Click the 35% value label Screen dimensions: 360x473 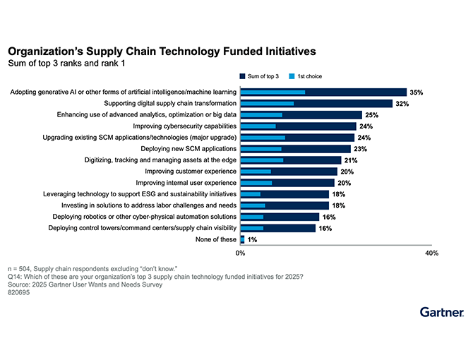pos(416,92)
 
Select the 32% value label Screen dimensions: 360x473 pos(402,104)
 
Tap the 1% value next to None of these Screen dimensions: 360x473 pos(252,240)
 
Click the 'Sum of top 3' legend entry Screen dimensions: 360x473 pos(262,76)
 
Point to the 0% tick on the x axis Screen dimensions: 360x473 pos(241,253)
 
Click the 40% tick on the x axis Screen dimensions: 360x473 pos(431,253)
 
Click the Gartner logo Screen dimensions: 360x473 pos(441,311)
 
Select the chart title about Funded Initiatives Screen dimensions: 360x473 pos(162,52)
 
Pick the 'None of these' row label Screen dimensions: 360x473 pos(215,240)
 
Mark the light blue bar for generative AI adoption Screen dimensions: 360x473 pos(273,92)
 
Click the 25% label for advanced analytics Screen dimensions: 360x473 pos(372,115)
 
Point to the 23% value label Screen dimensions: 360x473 pos(361,149)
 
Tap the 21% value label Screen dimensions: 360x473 pos(351,160)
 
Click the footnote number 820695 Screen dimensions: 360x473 pos(19,292)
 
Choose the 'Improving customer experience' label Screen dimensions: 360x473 pos(190,172)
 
